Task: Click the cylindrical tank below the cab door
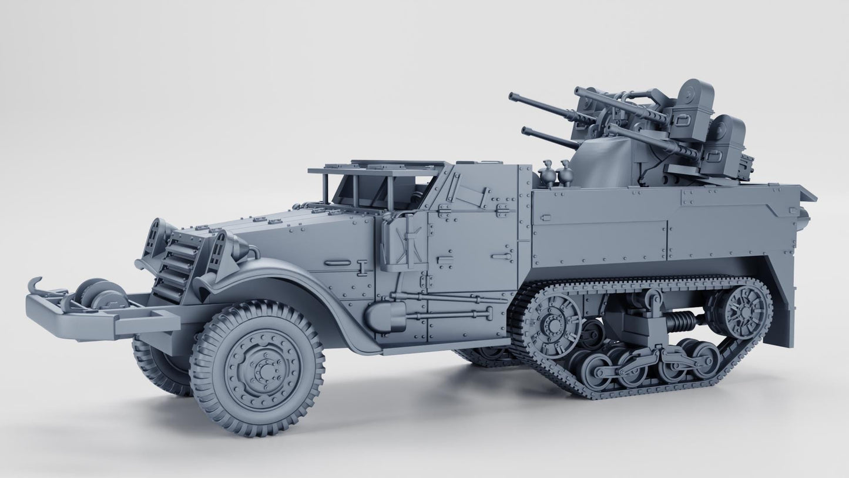[x=384, y=316]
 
